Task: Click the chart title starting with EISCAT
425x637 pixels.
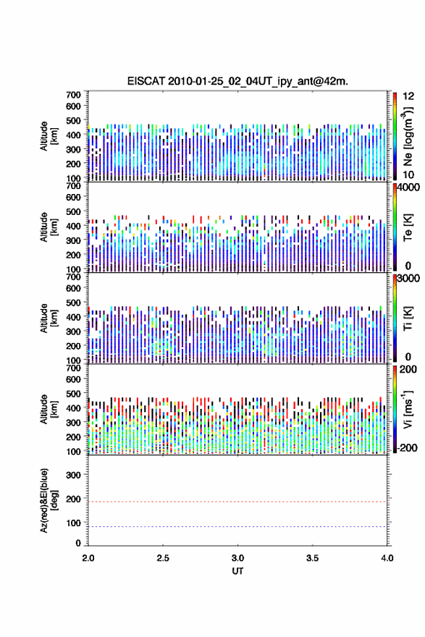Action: (237, 81)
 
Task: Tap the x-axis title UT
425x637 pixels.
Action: (237, 571)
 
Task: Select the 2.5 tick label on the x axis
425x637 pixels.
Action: (163, 558)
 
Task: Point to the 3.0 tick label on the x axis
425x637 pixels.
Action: (237, 558)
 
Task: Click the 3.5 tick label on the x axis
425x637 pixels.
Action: (313, 558)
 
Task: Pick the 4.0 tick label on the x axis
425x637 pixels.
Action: (387, 558)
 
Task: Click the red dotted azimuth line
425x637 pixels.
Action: (237, 502)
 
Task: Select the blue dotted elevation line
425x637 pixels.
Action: (237, 526)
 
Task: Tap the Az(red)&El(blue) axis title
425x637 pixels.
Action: (49, 500)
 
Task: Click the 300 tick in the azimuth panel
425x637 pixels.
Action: (73, 475)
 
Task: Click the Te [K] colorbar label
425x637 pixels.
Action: (408, 227)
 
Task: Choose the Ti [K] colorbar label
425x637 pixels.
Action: (408, 318)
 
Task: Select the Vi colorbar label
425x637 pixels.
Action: (408, 409)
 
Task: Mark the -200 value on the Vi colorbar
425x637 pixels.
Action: (407, 447)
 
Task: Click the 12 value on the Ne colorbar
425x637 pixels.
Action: (408, 96)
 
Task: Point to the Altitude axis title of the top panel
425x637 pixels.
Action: (49, 136)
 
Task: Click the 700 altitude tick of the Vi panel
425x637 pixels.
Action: (73, 368)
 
